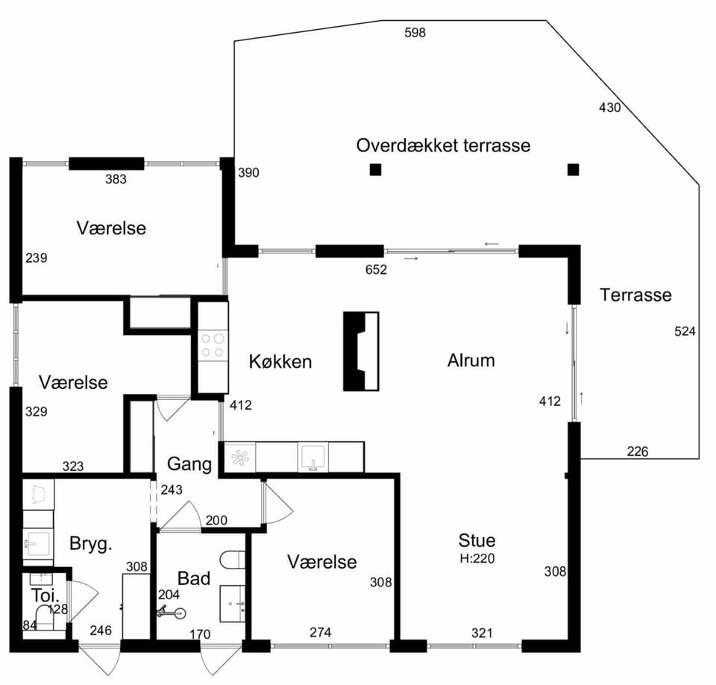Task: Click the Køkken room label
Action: (x=280, y=361)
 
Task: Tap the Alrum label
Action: (x=471, y=360)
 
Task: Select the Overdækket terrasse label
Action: (x=443, y=146)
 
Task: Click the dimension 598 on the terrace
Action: (x=415, y=32)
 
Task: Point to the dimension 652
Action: (x=376, y=269)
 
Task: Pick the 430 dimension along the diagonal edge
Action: (x=609, y=107)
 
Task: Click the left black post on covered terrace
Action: (x=375, y=169)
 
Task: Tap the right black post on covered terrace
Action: (x=573, y=169)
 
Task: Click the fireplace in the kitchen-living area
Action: (x=361, y=351)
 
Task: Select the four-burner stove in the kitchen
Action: (x=213, y=345)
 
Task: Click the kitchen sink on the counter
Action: (x=313, y=457)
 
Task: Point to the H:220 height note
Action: (x=477, y=558)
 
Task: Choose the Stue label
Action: (x=477, y=540)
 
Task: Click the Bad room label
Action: (x=194, y=578)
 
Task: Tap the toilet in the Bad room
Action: (x=233, y=560)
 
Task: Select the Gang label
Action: (x=189, y=464)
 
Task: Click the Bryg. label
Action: (x=90, y=544)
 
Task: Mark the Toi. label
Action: (x=45, y=595)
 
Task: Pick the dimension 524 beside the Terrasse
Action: (x=685, y=331)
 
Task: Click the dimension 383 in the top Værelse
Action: (x=116, y=179)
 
